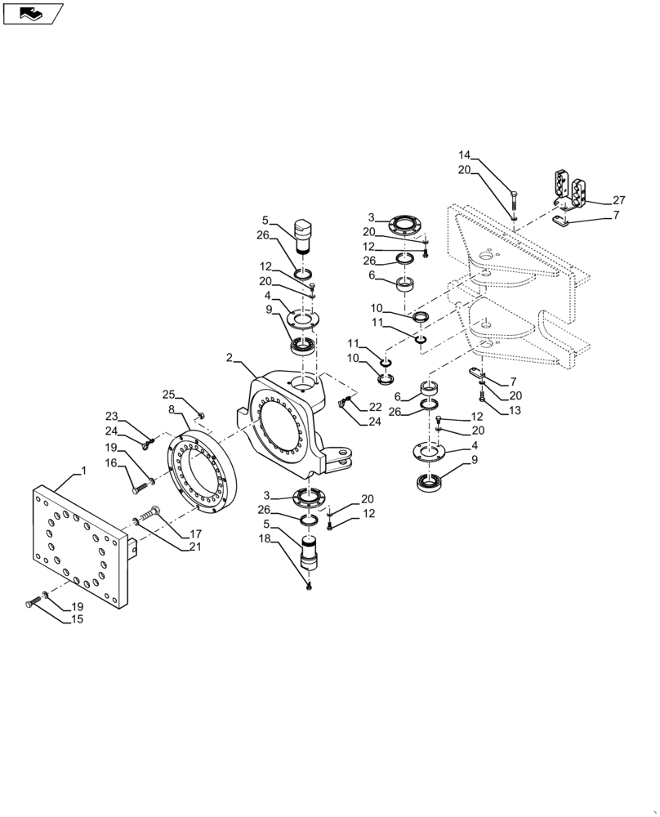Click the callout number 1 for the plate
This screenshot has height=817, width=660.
82,473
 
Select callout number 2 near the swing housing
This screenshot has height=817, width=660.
230,358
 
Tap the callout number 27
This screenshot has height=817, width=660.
618,200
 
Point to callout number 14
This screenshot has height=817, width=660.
465,155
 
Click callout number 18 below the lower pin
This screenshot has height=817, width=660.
265,540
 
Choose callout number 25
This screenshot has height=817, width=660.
168,394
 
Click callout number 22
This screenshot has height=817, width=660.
375,407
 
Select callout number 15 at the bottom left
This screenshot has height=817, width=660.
77,618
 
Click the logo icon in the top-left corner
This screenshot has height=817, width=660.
33,13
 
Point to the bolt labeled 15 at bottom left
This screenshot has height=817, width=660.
33,603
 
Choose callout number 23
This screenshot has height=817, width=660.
111,416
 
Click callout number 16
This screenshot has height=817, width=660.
111,462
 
